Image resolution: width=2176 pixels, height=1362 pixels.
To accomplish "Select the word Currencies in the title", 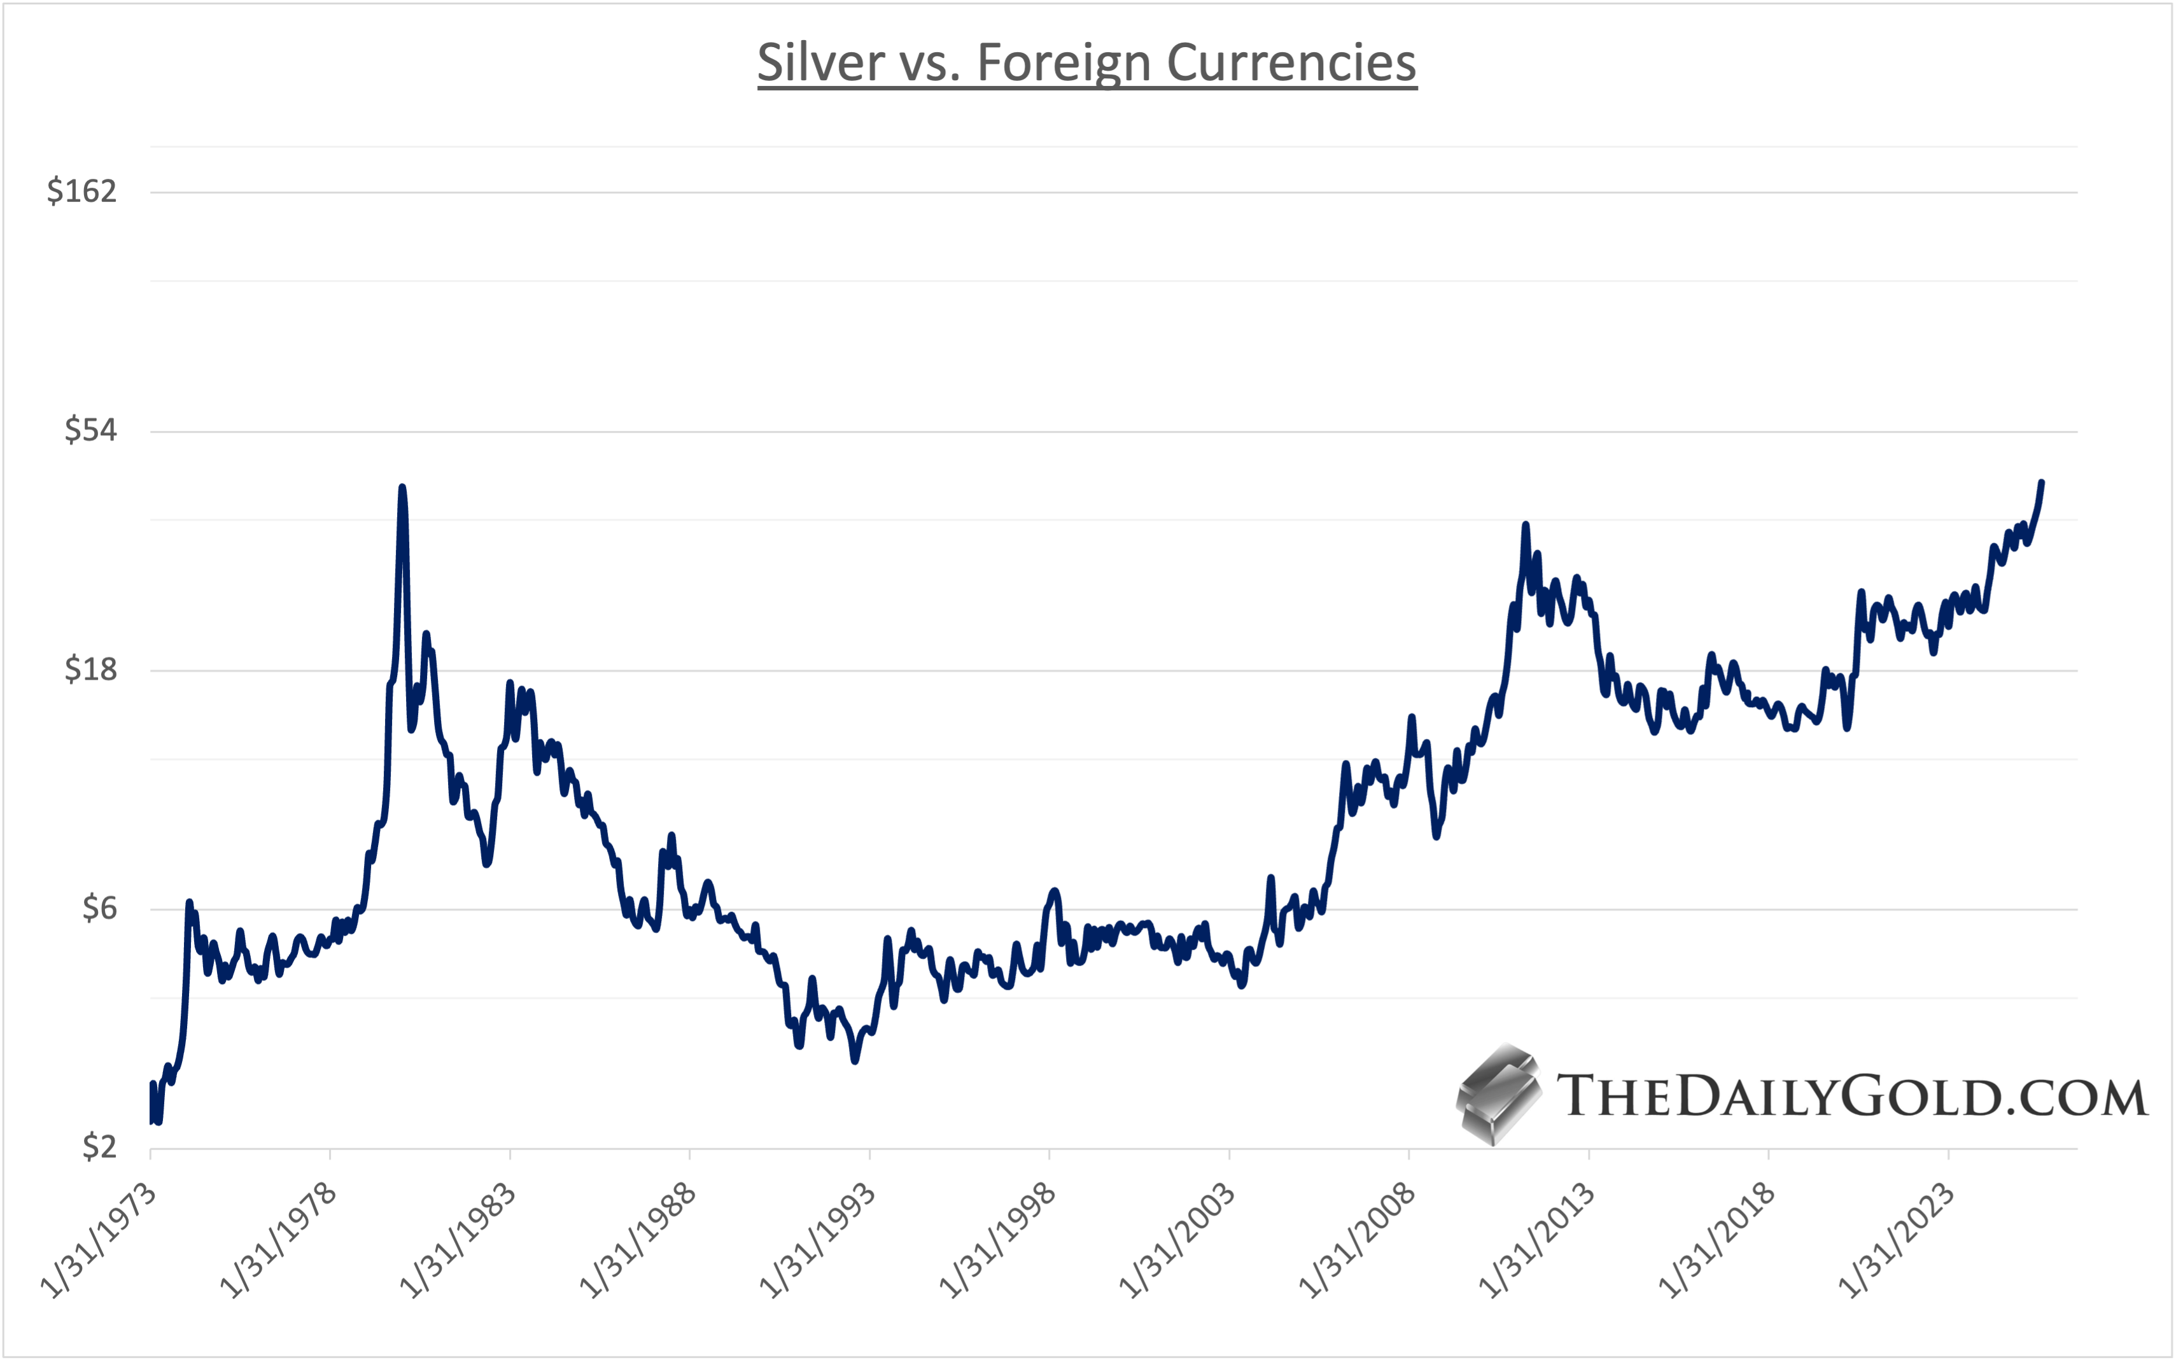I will [x=1291, y=63].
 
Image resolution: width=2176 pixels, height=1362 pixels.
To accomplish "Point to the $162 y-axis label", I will [x=82, y=191].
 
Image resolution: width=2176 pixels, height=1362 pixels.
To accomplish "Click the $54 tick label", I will [x=91, y=431].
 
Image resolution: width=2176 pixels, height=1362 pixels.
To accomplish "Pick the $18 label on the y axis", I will [x=91, y=670].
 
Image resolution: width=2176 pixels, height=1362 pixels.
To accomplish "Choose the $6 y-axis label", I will [x=99, y=908].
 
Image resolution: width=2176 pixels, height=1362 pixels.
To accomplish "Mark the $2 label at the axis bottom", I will [x=99, y=1148].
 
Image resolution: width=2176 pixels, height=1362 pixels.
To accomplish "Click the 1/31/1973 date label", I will [x=99, y=1241].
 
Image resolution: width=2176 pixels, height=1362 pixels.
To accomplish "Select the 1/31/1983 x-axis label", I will [x=458, y=1241].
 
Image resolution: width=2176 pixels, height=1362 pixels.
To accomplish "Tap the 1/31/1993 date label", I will [x=818, y=1241].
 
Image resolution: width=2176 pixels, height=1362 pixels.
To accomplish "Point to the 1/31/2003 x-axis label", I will [x=1177, y=1241].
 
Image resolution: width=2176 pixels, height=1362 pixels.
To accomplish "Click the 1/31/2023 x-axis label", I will [x=1897, y=1241].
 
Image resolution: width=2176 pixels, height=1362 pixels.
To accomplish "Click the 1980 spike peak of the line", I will [x=402, y=488].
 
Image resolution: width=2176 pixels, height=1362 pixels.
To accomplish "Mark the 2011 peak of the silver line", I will [x=1526, y=524].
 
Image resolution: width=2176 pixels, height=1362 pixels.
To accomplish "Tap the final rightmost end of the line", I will [x=2042, y=482].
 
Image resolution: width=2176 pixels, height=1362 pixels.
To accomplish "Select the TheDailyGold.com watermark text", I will [x=1851, y=1096].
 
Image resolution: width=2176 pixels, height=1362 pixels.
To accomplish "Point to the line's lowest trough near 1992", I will [x=855, y=1061].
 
